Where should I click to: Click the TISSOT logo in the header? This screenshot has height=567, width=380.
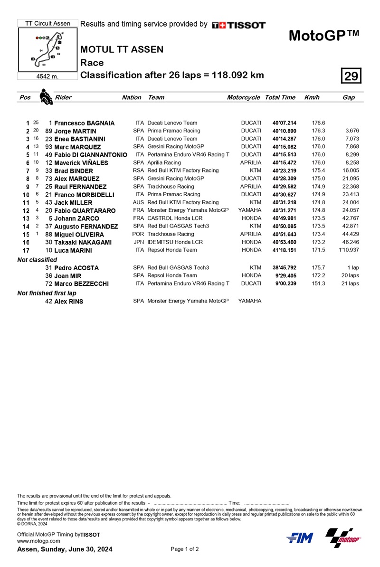[239, 25]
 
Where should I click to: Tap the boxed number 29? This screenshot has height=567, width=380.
[351, 76]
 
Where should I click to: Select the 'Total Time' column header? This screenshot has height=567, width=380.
[280, 97]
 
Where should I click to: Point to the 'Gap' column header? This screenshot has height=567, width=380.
[348, 97]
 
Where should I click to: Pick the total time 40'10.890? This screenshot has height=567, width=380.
[285, 131]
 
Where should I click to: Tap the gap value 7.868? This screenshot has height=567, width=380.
[352, 147]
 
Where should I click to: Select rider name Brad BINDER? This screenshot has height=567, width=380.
[72, 171]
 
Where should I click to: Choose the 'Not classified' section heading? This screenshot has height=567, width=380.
[37, 260]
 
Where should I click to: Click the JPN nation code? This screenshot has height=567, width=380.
[139, 242]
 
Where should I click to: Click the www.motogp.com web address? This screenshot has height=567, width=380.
[38, 541]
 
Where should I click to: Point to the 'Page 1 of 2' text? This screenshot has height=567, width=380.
[184, 549]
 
